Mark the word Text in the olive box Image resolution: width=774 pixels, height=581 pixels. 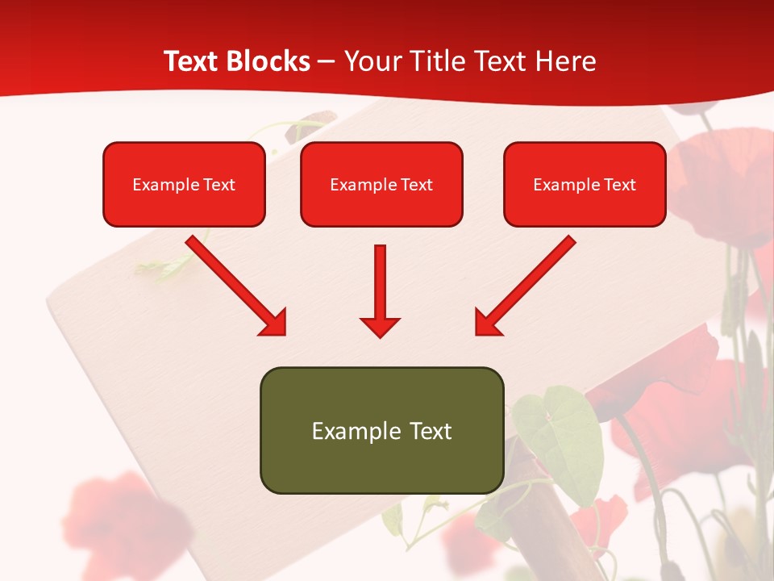pyautogui.click(x=431, y=431)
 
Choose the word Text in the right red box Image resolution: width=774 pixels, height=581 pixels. pyautogui.click(x=619, y=185)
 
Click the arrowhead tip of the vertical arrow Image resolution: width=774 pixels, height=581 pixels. pyautogui.click(x=380, y=335)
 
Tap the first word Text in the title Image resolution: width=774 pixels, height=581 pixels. pyautogui.click(x=191, y=61)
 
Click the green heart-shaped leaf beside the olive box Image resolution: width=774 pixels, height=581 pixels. pyautogui.click(x=564, y=436)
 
